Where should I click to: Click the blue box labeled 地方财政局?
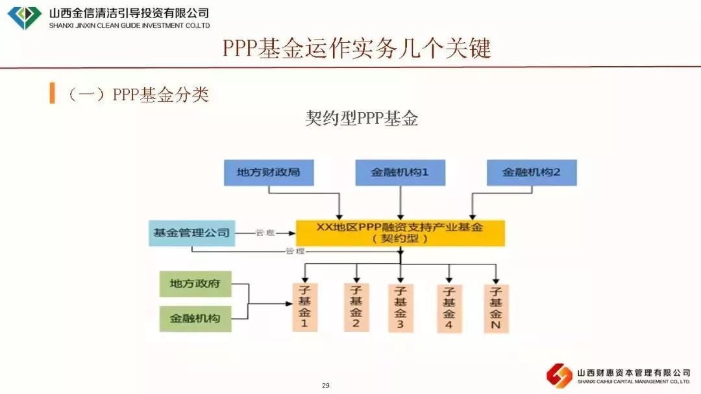268,173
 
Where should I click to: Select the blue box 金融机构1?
400,173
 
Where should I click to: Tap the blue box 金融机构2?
531,173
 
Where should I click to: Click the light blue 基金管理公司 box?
191,233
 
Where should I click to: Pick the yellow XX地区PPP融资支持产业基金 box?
400,232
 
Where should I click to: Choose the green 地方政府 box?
195,284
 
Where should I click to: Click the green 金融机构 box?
195,318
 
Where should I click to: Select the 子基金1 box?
304,308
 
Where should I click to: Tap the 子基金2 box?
356,307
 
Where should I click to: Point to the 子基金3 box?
400,308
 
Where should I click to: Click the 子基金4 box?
449,308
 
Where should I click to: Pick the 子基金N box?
496,308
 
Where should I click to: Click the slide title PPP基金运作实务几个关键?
357,49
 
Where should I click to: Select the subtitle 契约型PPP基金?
362,119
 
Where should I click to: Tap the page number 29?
326,386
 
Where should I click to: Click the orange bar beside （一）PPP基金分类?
52,93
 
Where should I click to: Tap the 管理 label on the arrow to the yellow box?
265,233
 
